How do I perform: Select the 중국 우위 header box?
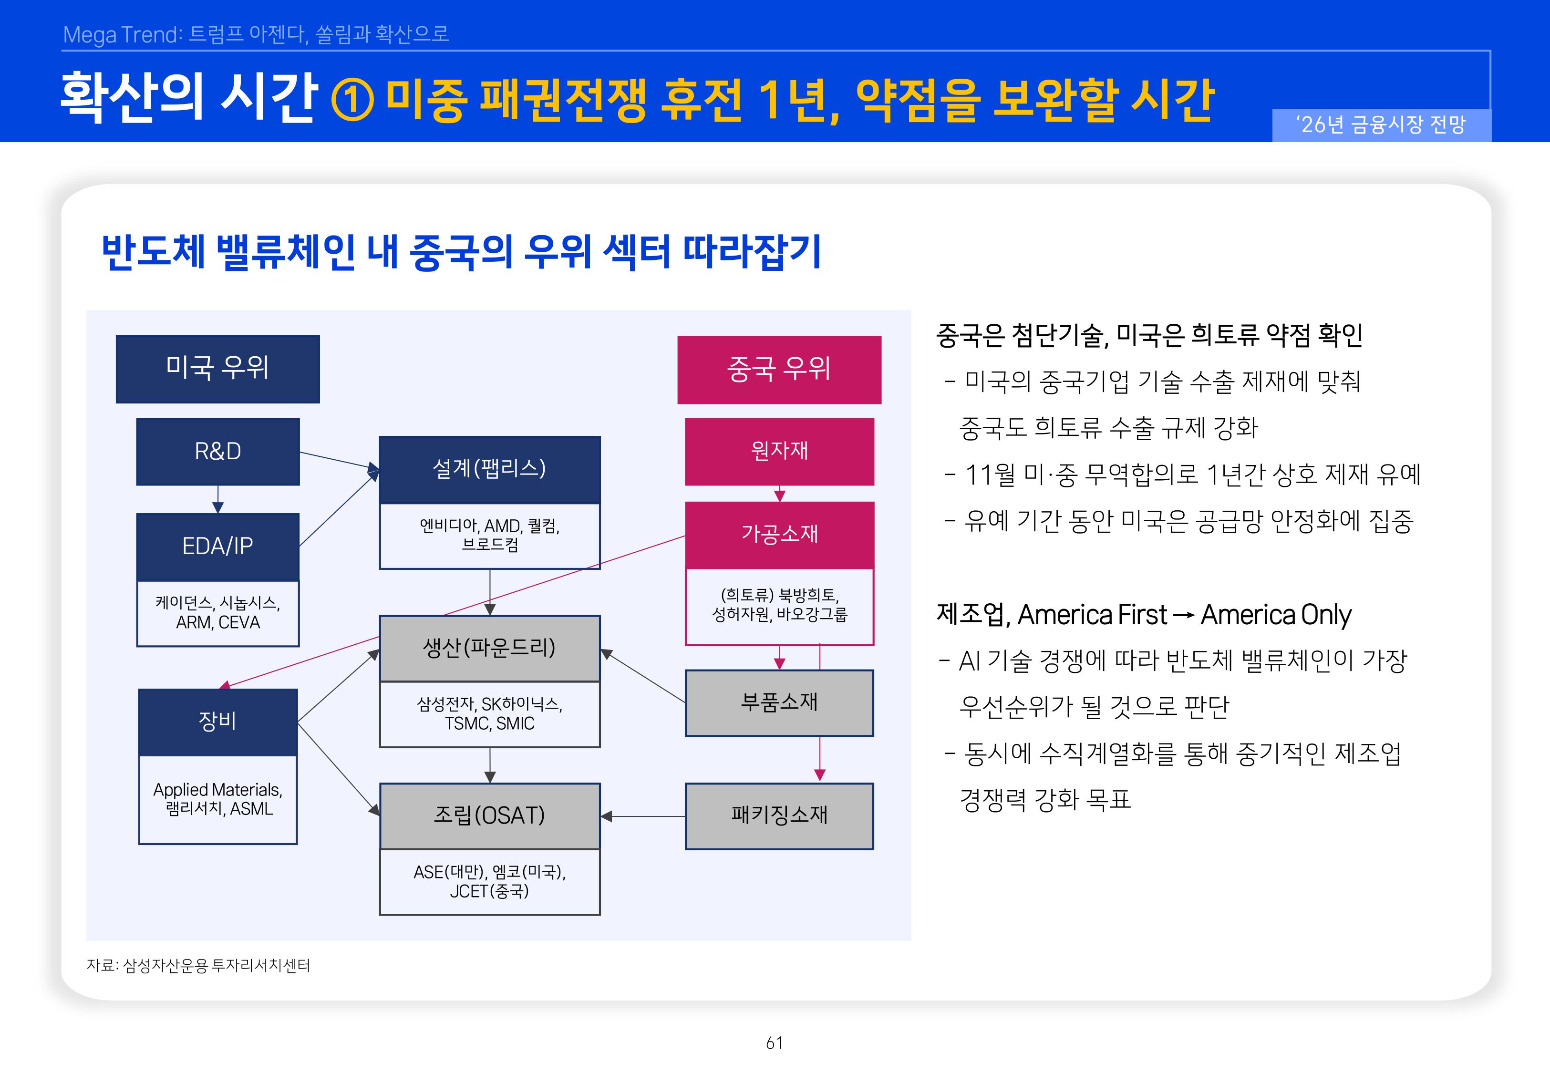click(779, 370)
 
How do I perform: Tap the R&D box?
click(218, 451)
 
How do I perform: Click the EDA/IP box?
click(218, 547)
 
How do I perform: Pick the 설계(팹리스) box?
click(489, 469)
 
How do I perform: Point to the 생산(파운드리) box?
click(489, 648)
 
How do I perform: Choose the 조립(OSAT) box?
click(489, 815)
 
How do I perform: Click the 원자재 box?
click(779, 451)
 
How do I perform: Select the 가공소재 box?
click(779, 535)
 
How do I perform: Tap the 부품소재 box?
click(779, 702)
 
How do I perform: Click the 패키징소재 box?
click(779, 815)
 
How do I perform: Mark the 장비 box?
click(218, 722)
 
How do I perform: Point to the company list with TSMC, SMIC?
click(489, 714)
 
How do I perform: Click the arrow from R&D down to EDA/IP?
click(218, 499)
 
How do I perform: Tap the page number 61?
click(775, 1043)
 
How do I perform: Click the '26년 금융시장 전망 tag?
click(1381, 125)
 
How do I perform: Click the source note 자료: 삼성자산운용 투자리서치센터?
click(198, 965)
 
